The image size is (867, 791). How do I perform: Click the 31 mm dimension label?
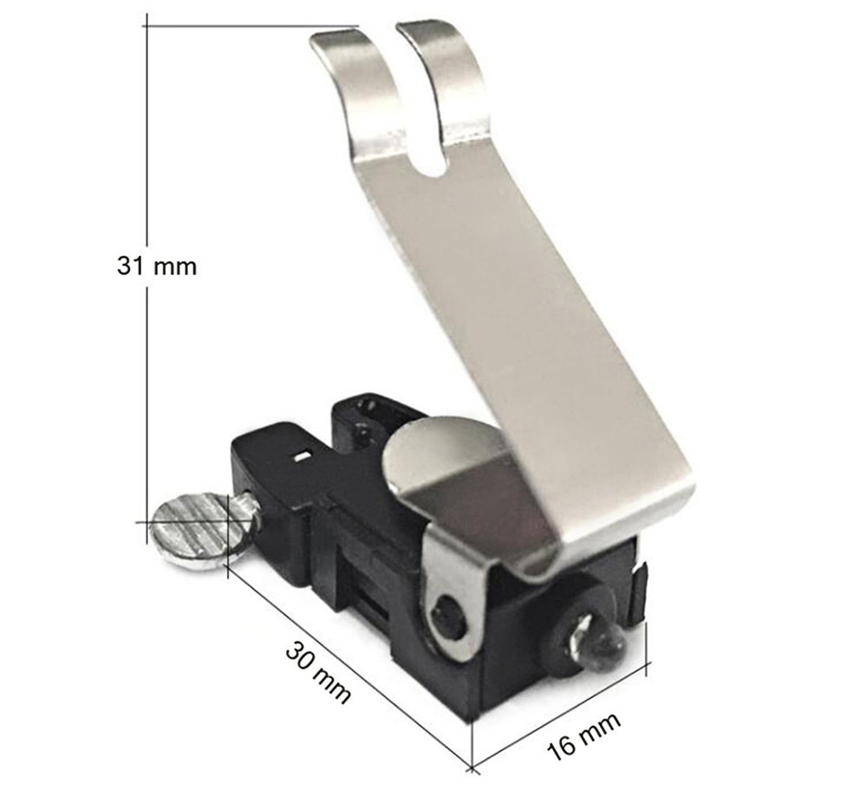pos(156,266)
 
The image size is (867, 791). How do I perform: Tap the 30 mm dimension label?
pos(319,673)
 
